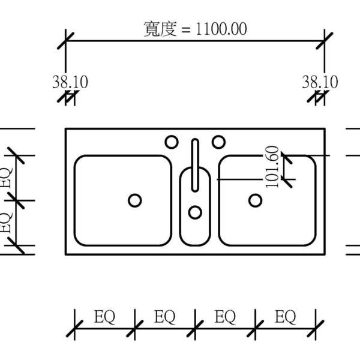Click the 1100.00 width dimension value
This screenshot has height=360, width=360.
(x=221, y=29)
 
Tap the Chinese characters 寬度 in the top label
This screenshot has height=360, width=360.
(x=160, y=29)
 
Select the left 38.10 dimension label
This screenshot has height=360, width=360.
(x=70, y=82)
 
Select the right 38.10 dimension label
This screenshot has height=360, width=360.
(x=320, y=82)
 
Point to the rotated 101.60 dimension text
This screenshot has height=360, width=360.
(x=272, y=167)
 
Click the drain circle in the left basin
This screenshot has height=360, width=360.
(x=135, y=200)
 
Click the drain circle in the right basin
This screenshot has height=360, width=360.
(x=256, y=200)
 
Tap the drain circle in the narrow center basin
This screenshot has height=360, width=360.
(x=195, y=212)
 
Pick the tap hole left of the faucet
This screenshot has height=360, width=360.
(x=172, y=142)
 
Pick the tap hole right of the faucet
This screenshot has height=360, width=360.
(x=218, y=142)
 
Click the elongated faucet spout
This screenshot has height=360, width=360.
(x=195, y=166)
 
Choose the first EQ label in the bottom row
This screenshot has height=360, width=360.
(x=104, y=317)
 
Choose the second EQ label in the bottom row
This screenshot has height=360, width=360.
(x=165, y=317)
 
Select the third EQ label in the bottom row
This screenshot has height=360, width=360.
(x=225, y=317)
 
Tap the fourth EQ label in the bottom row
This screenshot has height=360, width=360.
(x=286, y=317)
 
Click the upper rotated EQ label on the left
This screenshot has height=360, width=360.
(x=6, y=178)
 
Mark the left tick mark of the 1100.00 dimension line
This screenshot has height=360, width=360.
(x=65, y=41)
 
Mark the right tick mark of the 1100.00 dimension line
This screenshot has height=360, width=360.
(x=325, y=41)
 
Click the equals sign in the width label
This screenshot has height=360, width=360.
(x=186, y=29)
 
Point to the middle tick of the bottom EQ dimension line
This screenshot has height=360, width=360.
(x=195, y=329)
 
